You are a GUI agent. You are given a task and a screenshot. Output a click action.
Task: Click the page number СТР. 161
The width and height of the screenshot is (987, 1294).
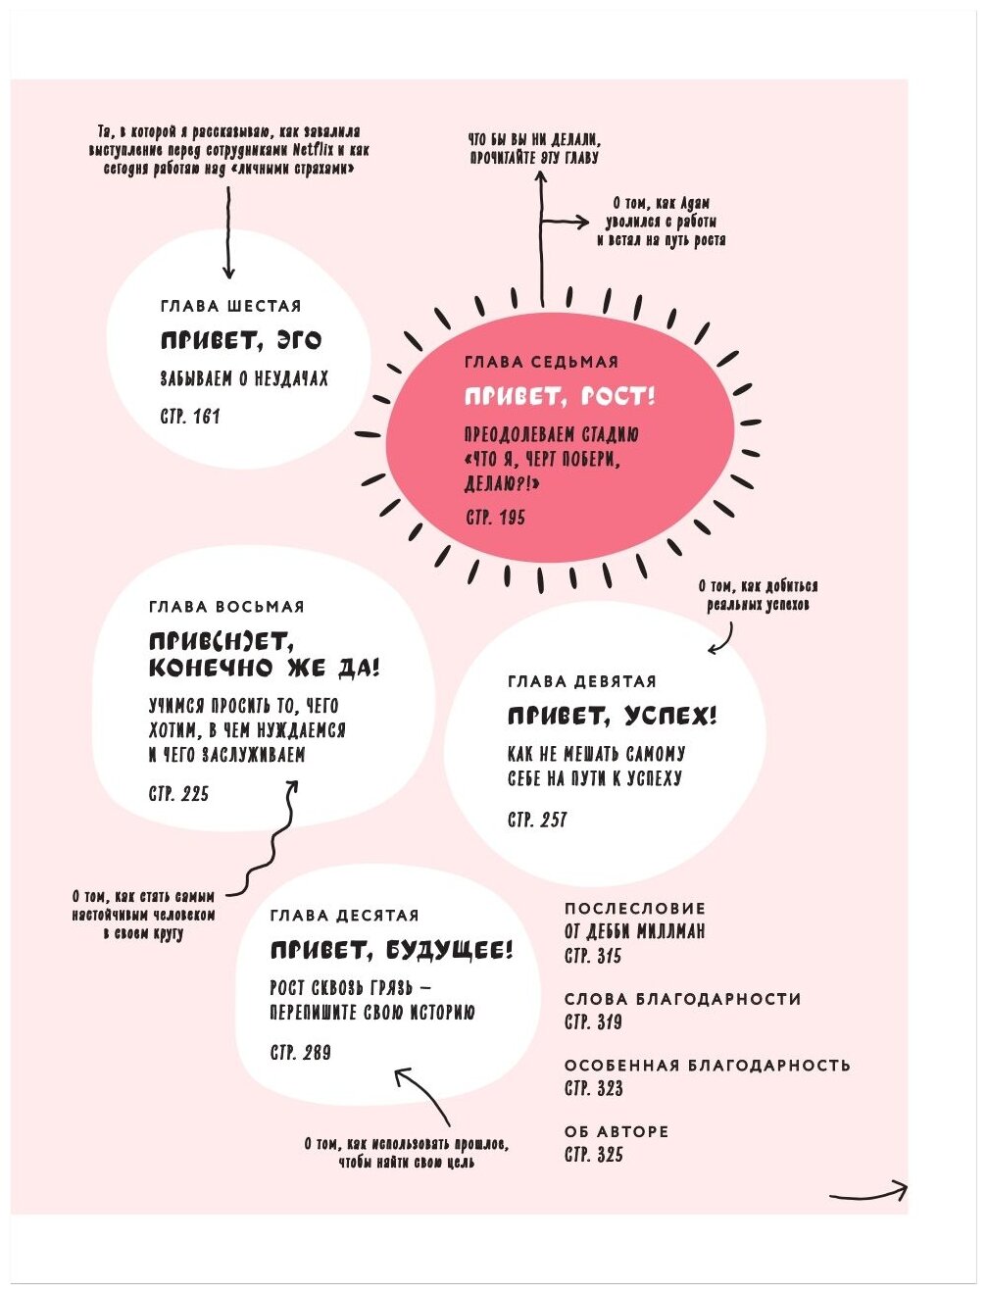pos(190,417)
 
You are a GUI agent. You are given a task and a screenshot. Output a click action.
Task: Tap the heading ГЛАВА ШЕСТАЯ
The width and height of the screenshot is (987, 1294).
pos(231,306)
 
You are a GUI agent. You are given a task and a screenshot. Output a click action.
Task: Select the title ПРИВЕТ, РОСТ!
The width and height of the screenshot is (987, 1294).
pos(560,397)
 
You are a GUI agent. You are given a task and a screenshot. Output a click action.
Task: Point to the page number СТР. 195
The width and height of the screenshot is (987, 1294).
pos(495,518)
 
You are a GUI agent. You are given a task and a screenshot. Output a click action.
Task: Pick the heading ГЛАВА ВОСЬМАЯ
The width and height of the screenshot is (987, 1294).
pos(227,607)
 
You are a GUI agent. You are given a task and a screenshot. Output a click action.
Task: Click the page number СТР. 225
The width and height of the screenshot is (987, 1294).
pos(179,794)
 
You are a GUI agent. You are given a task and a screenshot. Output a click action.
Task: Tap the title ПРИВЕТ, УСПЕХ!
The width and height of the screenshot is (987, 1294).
pos(613,717)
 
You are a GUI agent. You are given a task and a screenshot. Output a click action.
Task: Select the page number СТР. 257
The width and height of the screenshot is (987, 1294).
pos(537,820)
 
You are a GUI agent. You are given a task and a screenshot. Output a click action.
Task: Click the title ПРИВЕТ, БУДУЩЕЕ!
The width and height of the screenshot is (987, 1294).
pos(391,950)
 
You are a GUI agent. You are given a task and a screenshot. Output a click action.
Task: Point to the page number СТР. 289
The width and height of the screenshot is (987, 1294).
pos(301,1053)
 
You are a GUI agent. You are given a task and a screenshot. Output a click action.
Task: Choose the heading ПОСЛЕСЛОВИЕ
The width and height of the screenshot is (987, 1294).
pos(635,909)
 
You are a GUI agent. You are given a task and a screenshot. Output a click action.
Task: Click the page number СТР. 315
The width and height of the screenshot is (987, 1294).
pos(593,956)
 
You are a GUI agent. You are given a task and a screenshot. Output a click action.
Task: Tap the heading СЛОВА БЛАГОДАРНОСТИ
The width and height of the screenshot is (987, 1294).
pos(682,999)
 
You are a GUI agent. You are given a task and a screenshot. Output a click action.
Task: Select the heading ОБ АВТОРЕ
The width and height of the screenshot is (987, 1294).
pos(617,1131)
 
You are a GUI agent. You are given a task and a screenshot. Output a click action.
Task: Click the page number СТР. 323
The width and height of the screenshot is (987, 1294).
pos(594,1088)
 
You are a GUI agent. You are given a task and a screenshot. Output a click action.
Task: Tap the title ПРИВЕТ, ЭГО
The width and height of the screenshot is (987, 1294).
pos(241,340)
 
